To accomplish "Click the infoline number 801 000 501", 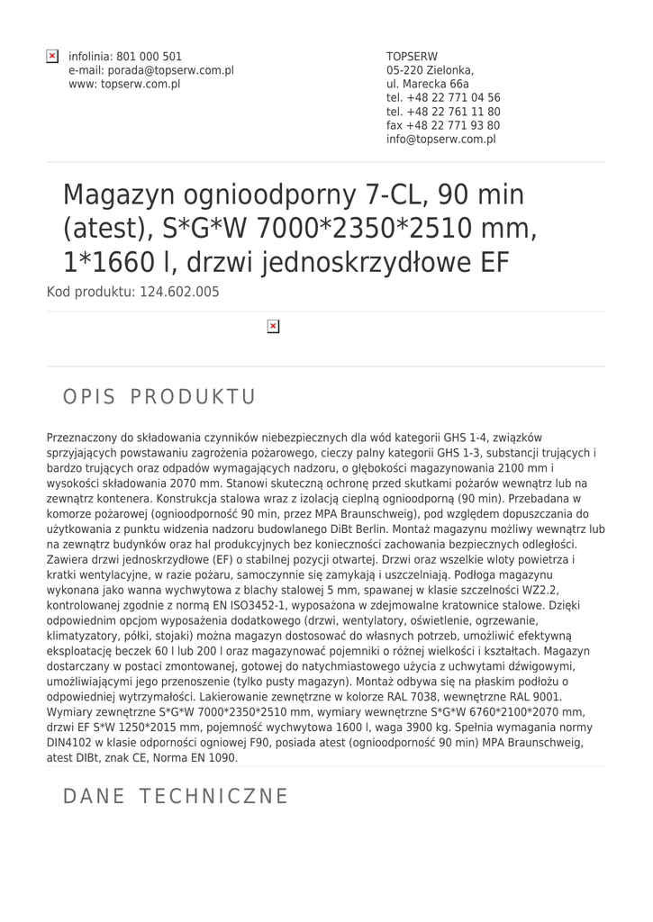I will coord(150,57).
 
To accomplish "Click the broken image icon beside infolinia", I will coord(53,57).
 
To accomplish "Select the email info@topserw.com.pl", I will coord(441,140).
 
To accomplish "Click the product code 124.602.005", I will coord(179,292).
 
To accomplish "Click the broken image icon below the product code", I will coord(274,326).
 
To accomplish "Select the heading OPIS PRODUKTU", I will coord(159,397).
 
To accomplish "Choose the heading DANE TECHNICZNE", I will coord(176,796).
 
